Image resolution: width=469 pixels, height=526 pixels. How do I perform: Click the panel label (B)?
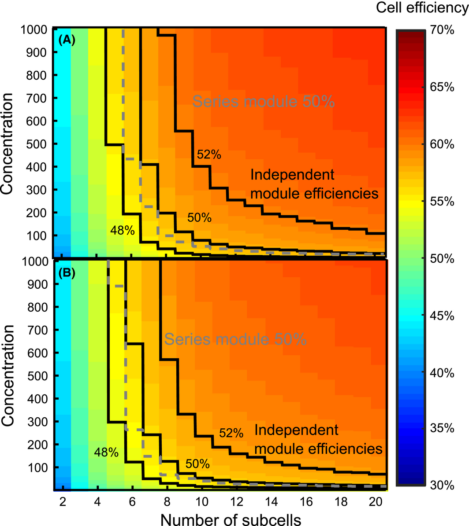(x=67, y=272)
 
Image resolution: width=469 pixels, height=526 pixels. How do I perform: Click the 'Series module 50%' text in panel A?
(x=264, y=102)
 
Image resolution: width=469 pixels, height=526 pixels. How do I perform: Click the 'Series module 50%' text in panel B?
(x=235, y=339)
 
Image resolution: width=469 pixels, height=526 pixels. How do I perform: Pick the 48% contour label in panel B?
(x=106, y=452)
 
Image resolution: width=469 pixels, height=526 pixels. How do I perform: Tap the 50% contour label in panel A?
(x=199, y=217)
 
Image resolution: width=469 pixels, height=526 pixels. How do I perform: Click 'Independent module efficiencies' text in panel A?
(x=314, y=184)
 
